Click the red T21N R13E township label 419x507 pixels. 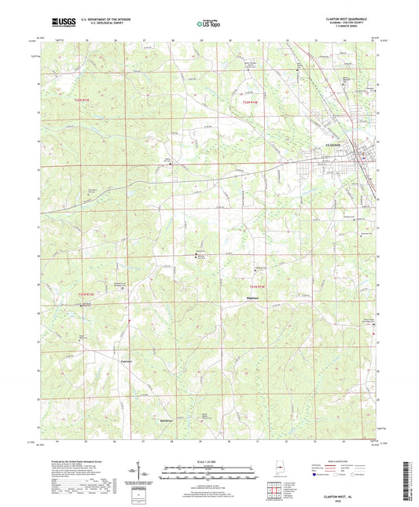point(93,294)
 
